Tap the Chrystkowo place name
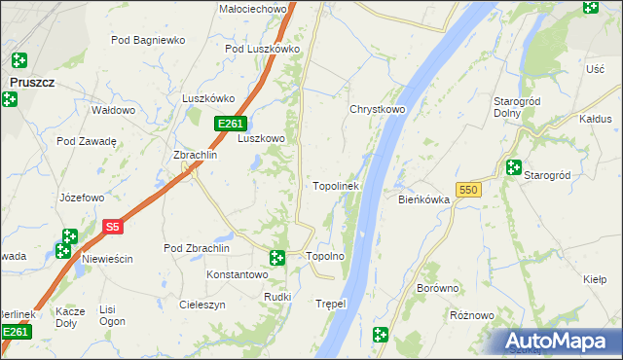coord(377,109)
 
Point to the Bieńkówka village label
coord(423,199)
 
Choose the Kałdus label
coord(595,119)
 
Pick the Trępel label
coord(331,304)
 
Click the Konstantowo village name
coord(237,274)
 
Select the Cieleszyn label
coord(202,304)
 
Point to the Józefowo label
coord(82,198)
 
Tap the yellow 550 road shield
coord(467,190)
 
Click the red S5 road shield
coord(113,227)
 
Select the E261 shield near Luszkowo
coord(231,124)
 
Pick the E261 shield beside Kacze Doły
coord(15,333)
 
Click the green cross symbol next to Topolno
coord(277,258)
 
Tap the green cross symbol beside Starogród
coord(514,167)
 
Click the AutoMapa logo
coord(561,342)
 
